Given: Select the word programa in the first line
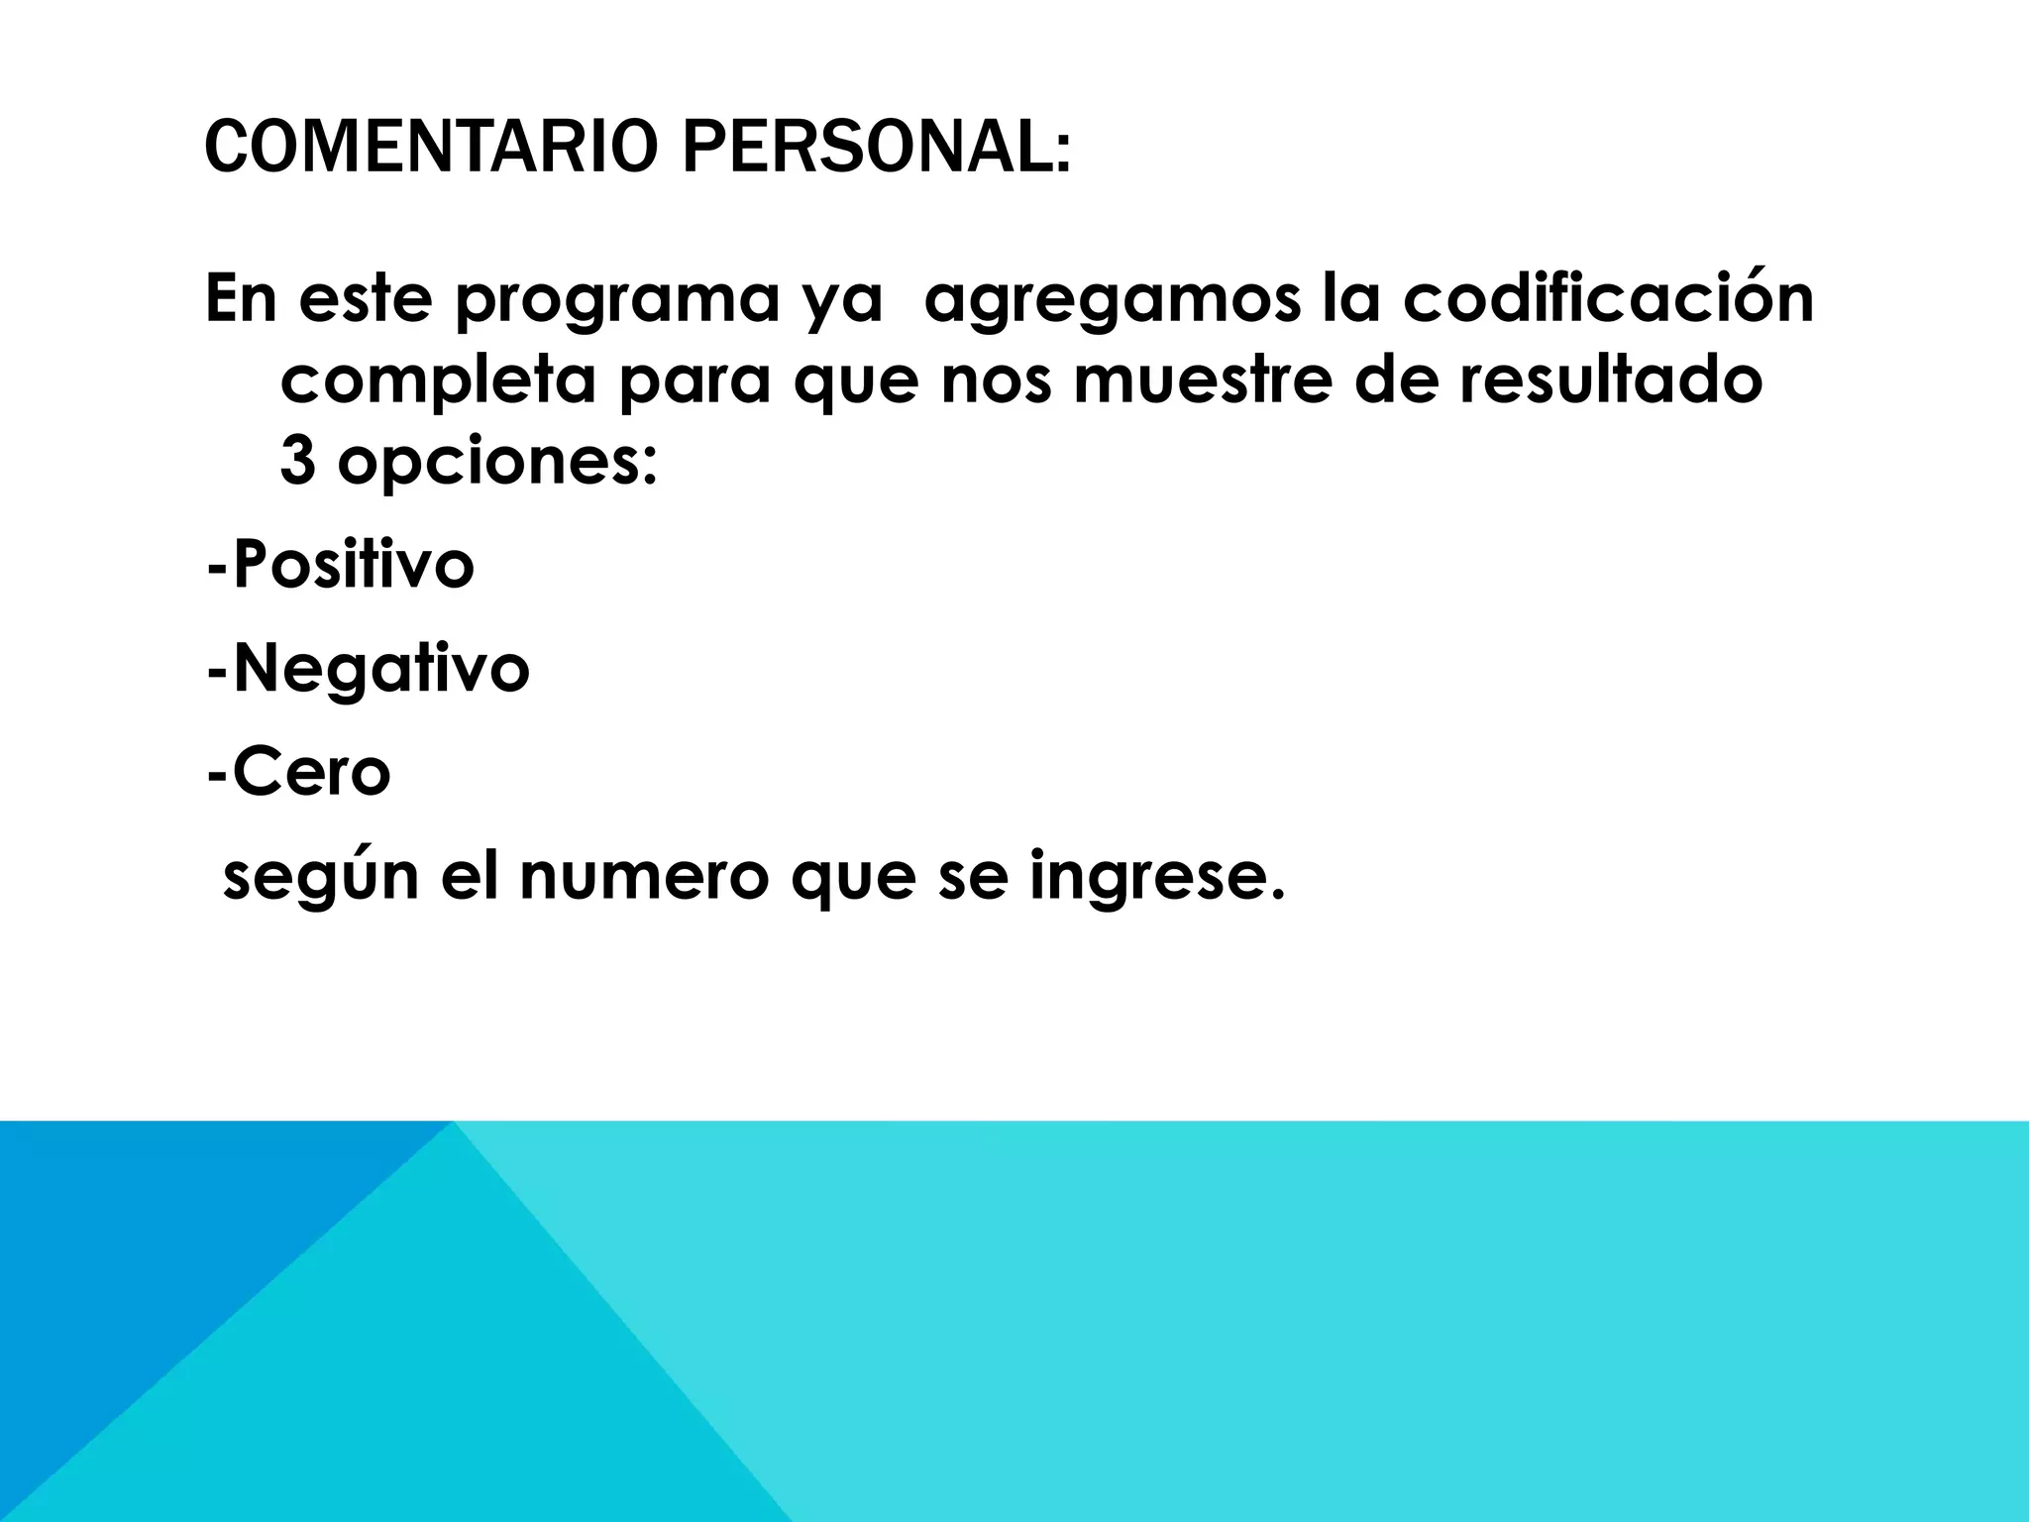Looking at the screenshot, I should tap(616, 301).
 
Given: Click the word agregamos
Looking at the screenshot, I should tap(1110, 301).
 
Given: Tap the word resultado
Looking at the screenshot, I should tap(1609, 380).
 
